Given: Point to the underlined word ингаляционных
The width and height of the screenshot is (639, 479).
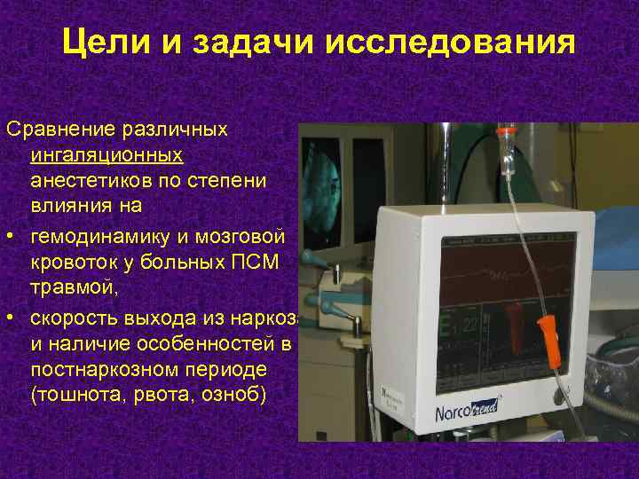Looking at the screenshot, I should pyautogui.click(x=106, y=155).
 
